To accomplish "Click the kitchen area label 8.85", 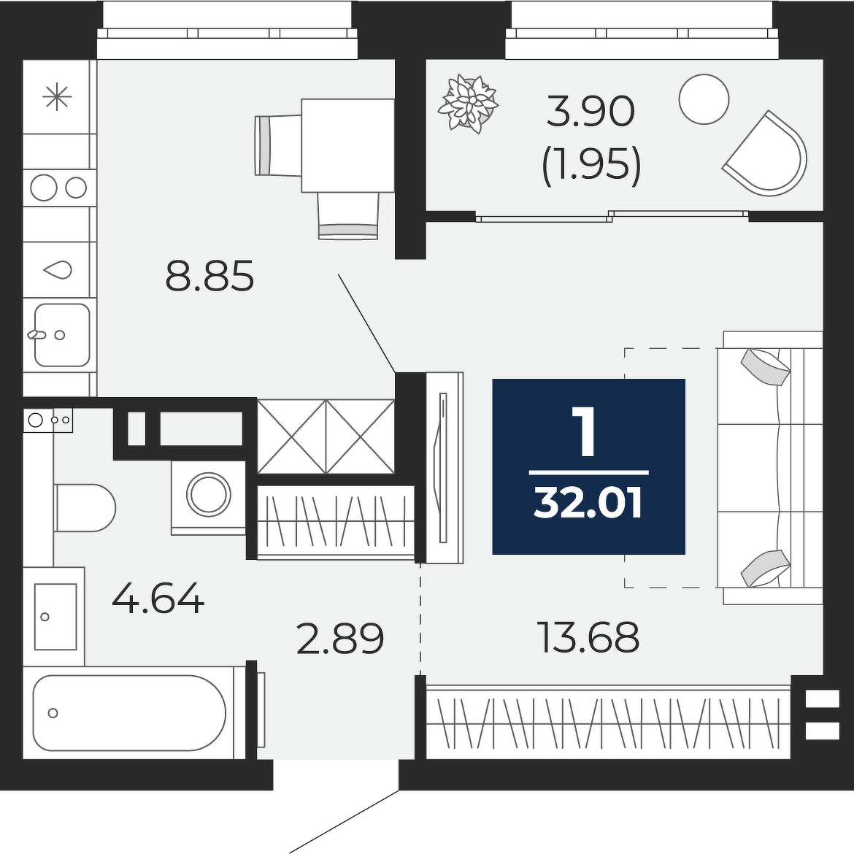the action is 209,276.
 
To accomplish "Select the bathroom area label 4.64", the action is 158,598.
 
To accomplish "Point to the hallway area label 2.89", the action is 340,639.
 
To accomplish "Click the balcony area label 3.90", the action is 591,111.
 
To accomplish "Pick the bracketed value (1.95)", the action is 591,164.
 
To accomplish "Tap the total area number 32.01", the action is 589,503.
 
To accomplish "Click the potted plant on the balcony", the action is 469,104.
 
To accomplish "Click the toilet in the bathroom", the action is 85,507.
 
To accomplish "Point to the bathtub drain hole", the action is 53,713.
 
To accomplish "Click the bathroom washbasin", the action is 55,617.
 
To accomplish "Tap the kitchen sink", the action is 62,335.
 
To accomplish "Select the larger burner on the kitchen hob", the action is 44,188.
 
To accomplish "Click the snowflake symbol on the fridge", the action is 57,98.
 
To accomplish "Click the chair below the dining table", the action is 348,216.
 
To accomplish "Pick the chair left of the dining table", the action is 279,145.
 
